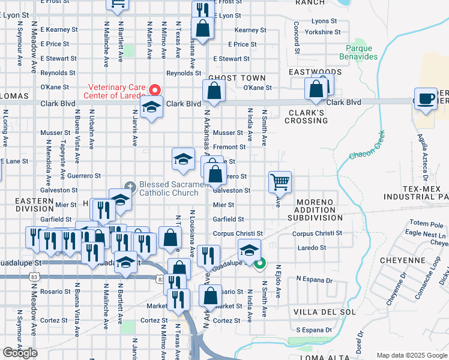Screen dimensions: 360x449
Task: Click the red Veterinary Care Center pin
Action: pos(154,89)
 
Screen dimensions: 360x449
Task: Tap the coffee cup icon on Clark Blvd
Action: pos(426,99)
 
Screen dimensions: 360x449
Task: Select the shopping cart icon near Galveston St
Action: pos(280,182)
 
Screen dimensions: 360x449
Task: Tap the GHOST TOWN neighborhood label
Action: pos(237,79)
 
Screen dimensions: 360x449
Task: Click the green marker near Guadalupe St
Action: pos(260,263)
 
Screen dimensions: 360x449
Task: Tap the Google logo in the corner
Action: pos(20,353)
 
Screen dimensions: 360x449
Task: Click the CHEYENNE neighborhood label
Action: pos(403,261)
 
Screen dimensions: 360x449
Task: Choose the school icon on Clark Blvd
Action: pos(152,108)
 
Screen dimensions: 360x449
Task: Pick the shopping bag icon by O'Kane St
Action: pos(214,91)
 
